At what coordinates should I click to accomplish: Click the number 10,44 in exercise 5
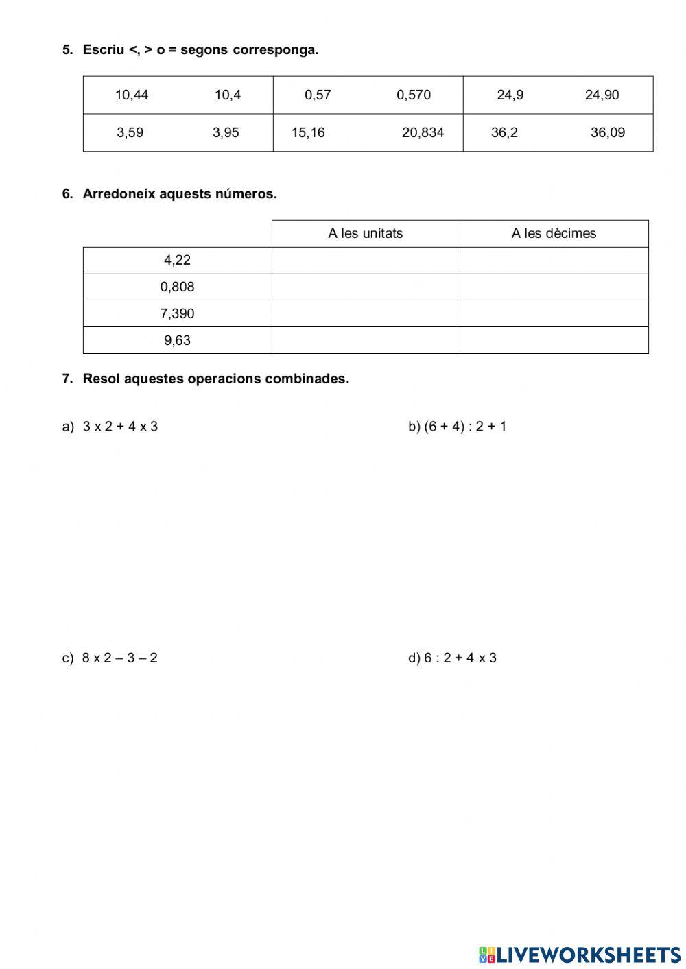131,95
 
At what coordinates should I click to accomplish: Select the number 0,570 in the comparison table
414,95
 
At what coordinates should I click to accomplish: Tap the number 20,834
423,133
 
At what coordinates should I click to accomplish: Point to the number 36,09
608,133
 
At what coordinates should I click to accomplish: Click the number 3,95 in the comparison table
226,133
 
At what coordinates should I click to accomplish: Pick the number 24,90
602,95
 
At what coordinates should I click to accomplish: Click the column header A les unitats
365,234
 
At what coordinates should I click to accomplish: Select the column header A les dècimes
554,234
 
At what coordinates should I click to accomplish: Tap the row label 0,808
177,287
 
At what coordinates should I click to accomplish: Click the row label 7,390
177,314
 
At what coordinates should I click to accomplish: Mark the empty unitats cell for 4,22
365,261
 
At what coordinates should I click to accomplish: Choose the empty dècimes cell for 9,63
554,340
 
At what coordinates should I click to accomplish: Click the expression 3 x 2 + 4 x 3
120,427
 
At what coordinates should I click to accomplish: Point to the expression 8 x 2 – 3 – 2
119,658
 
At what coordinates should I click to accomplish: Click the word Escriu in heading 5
103,50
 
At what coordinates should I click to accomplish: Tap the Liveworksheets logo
580,955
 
